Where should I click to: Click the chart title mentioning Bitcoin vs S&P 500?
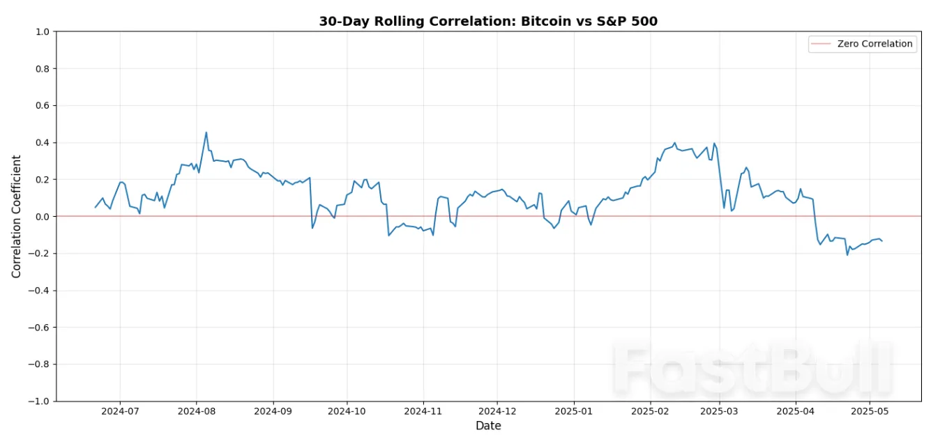click(x=488, y=21)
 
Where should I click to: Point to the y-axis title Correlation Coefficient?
click(x=16, y=216)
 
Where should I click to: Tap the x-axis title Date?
click(x=488, y=425)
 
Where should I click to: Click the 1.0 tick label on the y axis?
click(x=42, y=32)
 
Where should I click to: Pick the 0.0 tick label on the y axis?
click(x=42, y=217)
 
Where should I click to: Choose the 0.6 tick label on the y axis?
click(x=42, y=106)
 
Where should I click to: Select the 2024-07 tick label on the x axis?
click(x=120, y=411)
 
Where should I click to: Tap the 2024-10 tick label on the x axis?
click(x=347, y=411)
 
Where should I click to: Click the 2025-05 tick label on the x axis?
click(x=870, y=411)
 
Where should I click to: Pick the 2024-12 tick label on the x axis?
click(x=497, y=411)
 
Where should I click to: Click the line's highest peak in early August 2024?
click(x=206, y=132)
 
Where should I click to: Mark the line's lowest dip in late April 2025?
click(x=847, y=255)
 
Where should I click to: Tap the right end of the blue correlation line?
click(x=882, y=241)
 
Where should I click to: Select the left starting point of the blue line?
click(x=96, y=207)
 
